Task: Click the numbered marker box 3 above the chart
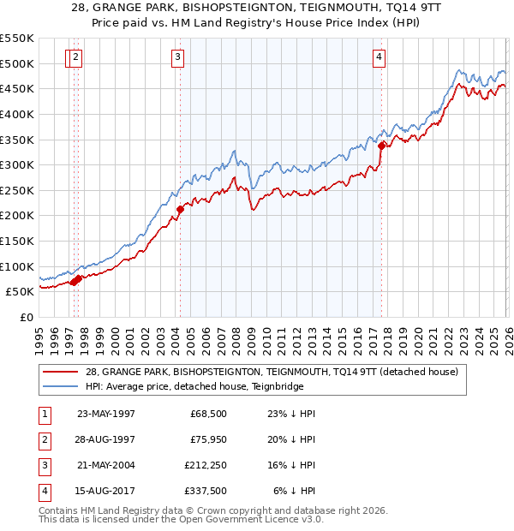pos(177,57)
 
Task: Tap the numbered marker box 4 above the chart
pos(379,57)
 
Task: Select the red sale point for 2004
pos(180,209)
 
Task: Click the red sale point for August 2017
pos(381,146)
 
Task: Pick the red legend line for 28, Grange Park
pos(63,372)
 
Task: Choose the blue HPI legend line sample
pos(63,386)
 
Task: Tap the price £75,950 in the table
pos(207,440)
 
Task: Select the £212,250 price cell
pos(205,465)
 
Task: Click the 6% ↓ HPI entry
pos(294,491)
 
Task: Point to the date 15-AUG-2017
pos(106,491)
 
